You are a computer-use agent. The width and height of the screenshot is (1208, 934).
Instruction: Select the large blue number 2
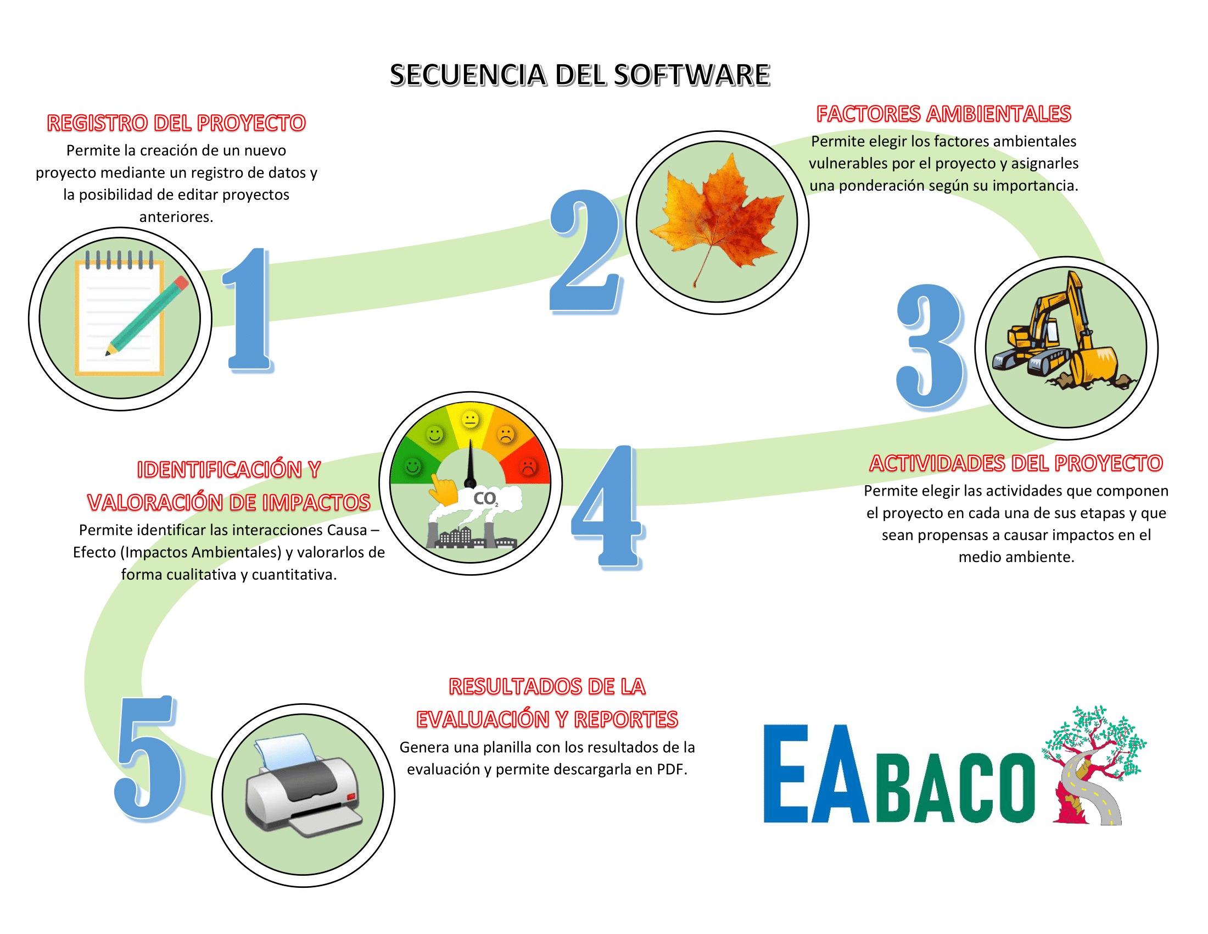pyautogui.click(x=586, y=252)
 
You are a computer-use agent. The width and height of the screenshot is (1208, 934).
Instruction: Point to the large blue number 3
pyautogui.click(x=931, y=347)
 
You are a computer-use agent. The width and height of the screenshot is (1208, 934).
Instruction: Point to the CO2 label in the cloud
pyautogui.click(x=485, y=498)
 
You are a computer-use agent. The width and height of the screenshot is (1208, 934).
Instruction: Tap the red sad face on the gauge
pyautogui.click(x=528, y=467)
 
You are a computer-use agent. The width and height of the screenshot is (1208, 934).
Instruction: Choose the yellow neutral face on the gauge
pyautogui.click(x=471, y=419)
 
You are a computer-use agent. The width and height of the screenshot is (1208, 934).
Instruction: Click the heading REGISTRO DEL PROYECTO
pyautogui.click(x=176, y=123)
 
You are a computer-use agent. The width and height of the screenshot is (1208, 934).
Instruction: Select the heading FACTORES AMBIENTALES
pyautogui.click(x=943, y=114)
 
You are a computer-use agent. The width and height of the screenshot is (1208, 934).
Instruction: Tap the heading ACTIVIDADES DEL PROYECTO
pyautogui.click(x=1016, y=463)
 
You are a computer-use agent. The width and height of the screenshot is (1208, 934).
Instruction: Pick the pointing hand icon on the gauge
pyautogui.click(x=444, y=490)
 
